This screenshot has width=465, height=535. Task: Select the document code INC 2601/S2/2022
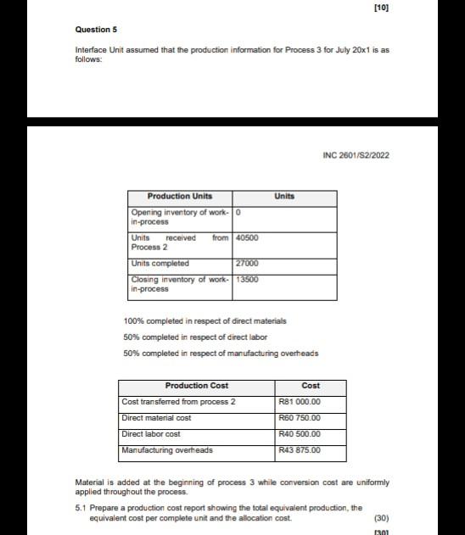(356, 155)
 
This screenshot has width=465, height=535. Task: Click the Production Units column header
(179, 196)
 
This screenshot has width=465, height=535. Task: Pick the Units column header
(284, 196)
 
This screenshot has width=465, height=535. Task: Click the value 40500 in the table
(247, 238)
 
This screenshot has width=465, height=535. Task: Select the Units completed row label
(160, 263)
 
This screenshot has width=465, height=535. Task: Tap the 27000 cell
(246, 263)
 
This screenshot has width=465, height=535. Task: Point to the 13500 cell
(247, 279)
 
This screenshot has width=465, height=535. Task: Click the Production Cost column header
(196, 385)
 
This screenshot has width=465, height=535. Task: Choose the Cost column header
(311, 385)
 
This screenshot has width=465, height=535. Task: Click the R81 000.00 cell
(300, 402)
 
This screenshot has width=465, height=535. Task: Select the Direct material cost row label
(157, 418)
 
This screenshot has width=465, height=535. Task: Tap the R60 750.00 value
(300, 418)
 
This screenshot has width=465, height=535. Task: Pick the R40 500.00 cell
(300, 434)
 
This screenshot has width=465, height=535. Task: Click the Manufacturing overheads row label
(167, 450)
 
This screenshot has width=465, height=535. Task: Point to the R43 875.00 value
(300, 450)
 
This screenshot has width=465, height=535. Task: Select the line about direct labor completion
(195, 337)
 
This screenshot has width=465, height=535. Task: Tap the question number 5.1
(81, 507)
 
